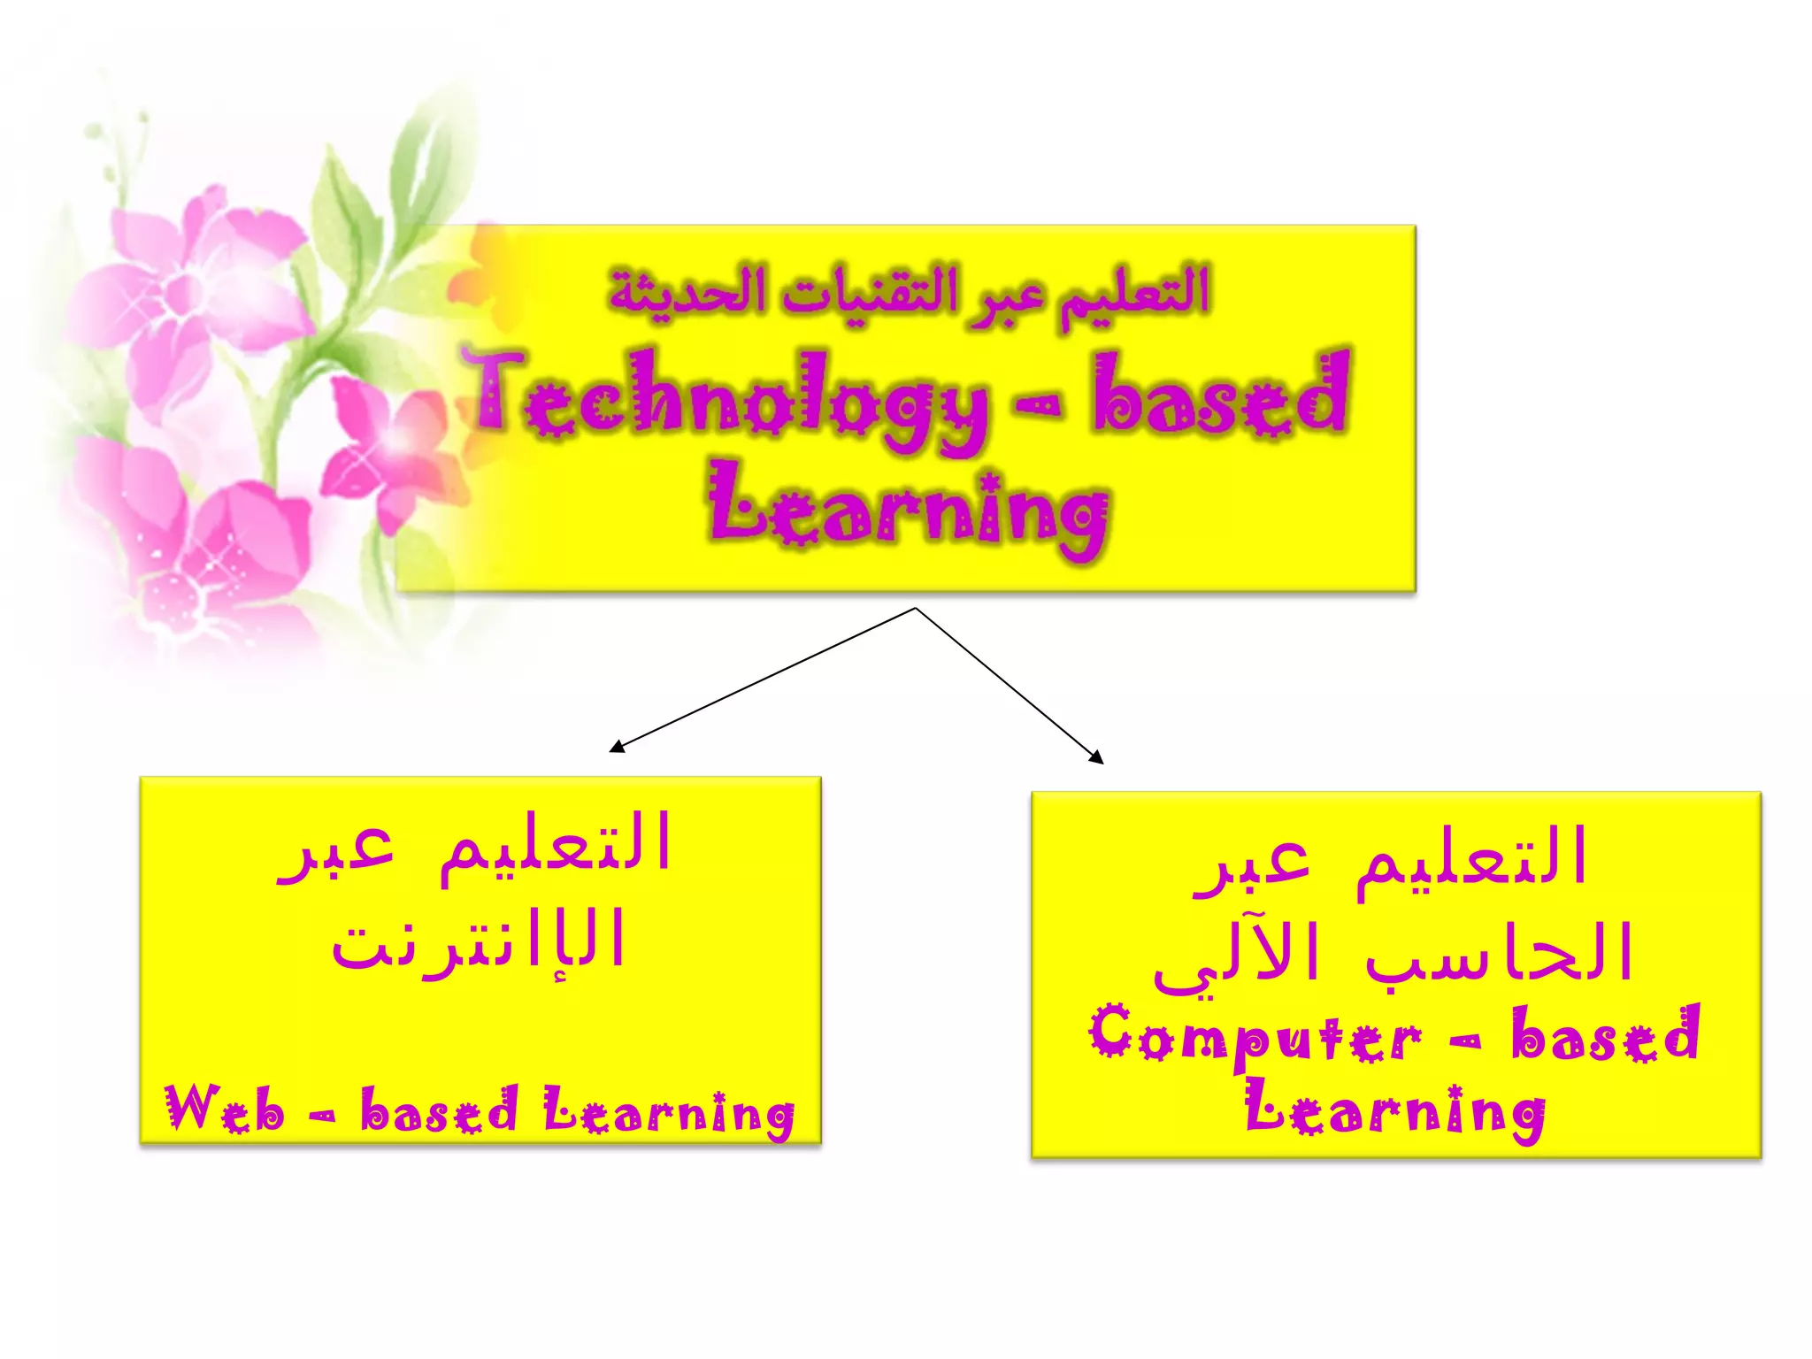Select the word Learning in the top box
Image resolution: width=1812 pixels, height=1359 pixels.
pos(908,511)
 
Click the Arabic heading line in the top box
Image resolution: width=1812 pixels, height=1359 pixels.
pos(910,292)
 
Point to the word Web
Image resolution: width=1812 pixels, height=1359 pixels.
pos(225,1109)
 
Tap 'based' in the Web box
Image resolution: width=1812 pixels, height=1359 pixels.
pos(439,1111)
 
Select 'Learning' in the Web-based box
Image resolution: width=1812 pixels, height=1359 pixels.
pos(669,1113)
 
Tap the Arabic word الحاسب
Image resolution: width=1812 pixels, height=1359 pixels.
pos(1499,954)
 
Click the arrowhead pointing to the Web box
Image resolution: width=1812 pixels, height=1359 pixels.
pos(616,747)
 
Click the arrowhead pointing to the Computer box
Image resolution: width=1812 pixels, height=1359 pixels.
pos(1097,757)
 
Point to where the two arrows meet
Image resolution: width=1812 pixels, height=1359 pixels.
pos(915,609)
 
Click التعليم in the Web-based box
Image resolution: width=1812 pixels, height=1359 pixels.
pos(556,846)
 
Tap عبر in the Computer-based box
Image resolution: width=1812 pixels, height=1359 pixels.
pos(1251,862)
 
